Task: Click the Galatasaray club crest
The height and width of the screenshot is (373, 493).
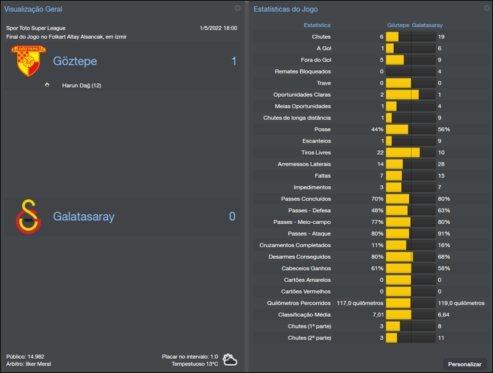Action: pyautogui.click(x=28, y=216)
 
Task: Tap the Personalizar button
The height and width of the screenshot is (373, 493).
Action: pyautogui.click(x=465, y=364)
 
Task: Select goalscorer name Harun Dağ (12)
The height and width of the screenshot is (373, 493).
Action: pyautogui.click(x=81, y=85)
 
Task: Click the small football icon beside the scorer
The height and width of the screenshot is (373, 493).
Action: pyautogui.click(x=47, y=85)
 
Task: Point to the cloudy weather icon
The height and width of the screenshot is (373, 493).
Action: pyautogui.click(x=230, y=359)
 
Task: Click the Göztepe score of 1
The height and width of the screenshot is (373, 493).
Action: pyautogui.click(x=234, y=61)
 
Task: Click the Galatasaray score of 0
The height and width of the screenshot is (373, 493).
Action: pyautogui.click(x=232, y=216)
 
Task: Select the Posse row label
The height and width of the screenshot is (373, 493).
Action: pyautogui.click(x=322, y=129)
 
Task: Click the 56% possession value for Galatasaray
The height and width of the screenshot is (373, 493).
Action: pyautogui.click(x=444, y=129)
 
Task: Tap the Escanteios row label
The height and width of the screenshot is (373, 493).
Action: pyautogui.click(x=316, y=141)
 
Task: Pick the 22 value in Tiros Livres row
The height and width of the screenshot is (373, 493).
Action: pyautogui.click(x=380, y=152)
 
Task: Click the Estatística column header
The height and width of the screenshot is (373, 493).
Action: pyautogui.click(x=317, y=25)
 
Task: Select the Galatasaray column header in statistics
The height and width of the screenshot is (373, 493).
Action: pyautogui.click(x=427, y=25)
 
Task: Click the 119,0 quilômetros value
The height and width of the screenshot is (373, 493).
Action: pyautogui.click(x=461, y=303)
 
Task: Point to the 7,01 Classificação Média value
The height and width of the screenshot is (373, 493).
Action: pyautogui.click(x=377, y=314)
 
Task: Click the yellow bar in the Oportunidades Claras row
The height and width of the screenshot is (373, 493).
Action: pyautogui.click(x=402, y=95)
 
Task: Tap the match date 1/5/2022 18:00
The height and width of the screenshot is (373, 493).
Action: pyautogui.click(x=218, y=28)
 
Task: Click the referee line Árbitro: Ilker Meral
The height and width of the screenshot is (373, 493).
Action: pyautogui.click(x=28, y=364)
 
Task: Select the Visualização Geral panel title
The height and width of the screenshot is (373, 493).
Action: pyautogui.click(x=33, y=9)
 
